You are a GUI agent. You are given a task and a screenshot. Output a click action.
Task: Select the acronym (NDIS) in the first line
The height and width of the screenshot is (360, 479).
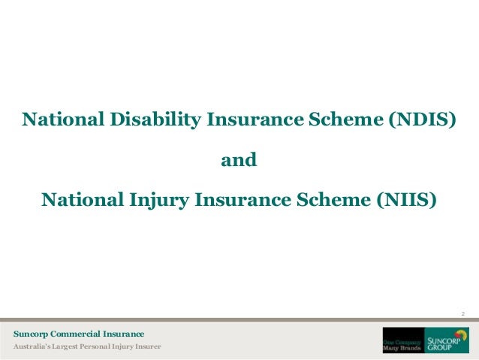tap(421, 119)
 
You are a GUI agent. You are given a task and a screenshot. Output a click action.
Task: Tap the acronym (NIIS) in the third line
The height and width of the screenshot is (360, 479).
tap(405, 201)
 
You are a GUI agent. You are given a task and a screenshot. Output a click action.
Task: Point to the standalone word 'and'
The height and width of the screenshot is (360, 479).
tap(238, 160)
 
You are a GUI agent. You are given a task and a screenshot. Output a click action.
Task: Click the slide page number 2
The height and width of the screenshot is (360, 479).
tap(463, 313)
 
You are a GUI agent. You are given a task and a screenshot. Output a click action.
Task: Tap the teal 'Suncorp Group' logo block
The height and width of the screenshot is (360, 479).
tap(447, 340)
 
